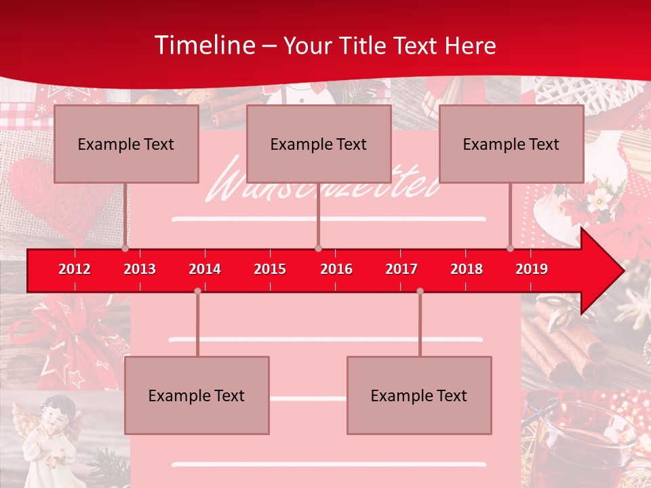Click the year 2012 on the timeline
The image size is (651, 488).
75,269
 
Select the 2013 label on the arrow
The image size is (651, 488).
140,269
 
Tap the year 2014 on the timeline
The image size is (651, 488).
205,269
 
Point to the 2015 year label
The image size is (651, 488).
270,269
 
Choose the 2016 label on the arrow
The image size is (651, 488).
336,269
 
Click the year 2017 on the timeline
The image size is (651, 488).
401,269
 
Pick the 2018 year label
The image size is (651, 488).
467,269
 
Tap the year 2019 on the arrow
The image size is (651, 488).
532,269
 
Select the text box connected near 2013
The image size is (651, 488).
126,144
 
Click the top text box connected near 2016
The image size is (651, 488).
319,144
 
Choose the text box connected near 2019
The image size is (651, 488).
511,144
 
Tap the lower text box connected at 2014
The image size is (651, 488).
197,395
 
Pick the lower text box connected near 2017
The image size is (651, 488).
419,395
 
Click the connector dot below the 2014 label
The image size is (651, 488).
197,291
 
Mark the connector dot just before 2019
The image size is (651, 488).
511,249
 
